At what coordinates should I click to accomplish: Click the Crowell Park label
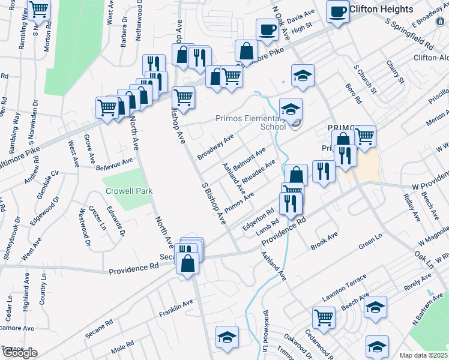point(129,191)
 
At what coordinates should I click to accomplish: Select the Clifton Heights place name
point(382,10)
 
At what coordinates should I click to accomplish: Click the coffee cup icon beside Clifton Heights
point(338,10)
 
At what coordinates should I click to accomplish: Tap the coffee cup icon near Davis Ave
point(267,28)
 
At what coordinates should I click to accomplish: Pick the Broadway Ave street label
point(215,147)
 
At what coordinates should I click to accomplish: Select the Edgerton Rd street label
point(258,218)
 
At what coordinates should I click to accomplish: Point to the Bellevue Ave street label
point(115,163)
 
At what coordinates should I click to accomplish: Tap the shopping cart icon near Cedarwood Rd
point(324,316)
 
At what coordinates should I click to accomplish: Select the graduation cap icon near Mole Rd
point(228,336)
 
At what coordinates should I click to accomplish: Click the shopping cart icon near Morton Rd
point(39,9)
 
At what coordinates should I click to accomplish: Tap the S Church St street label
point(366,79)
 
